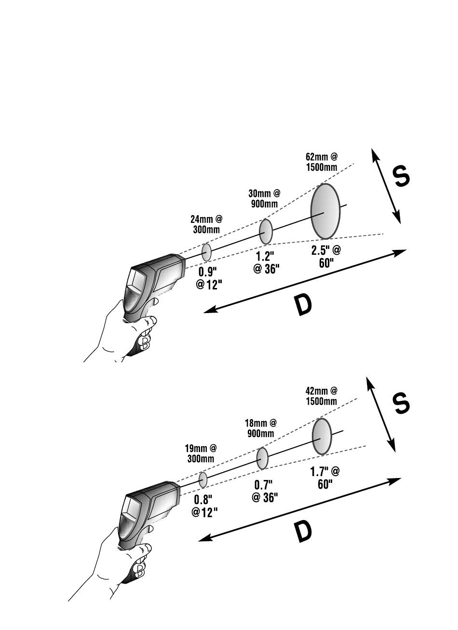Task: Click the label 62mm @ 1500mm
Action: click(x=321, y=162)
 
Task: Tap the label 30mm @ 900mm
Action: click(x=264, y=198)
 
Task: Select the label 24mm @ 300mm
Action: click(x=206, y=224)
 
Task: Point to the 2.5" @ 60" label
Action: click(x=326, y=256)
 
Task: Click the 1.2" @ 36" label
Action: click(x=267, y=262)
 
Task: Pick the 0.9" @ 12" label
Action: click(x=209, y=278)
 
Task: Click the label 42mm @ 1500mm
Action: click(x=321, y=396)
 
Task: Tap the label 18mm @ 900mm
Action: click(x=261, y=427)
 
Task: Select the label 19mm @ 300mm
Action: click(x=201, y=453)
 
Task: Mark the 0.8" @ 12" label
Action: click(x=205, y=506)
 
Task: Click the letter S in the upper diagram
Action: click(x=401, y=177)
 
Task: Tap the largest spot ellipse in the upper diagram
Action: click(x=325, y=211)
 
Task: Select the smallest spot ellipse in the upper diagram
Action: click(x=206, y=252)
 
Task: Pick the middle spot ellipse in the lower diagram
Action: click(x=262, y=458)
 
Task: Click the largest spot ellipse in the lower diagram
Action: click(x=322, y=436)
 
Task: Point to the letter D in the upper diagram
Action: click(x=303, y=305)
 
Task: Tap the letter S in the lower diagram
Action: click(x=401, y=403)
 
